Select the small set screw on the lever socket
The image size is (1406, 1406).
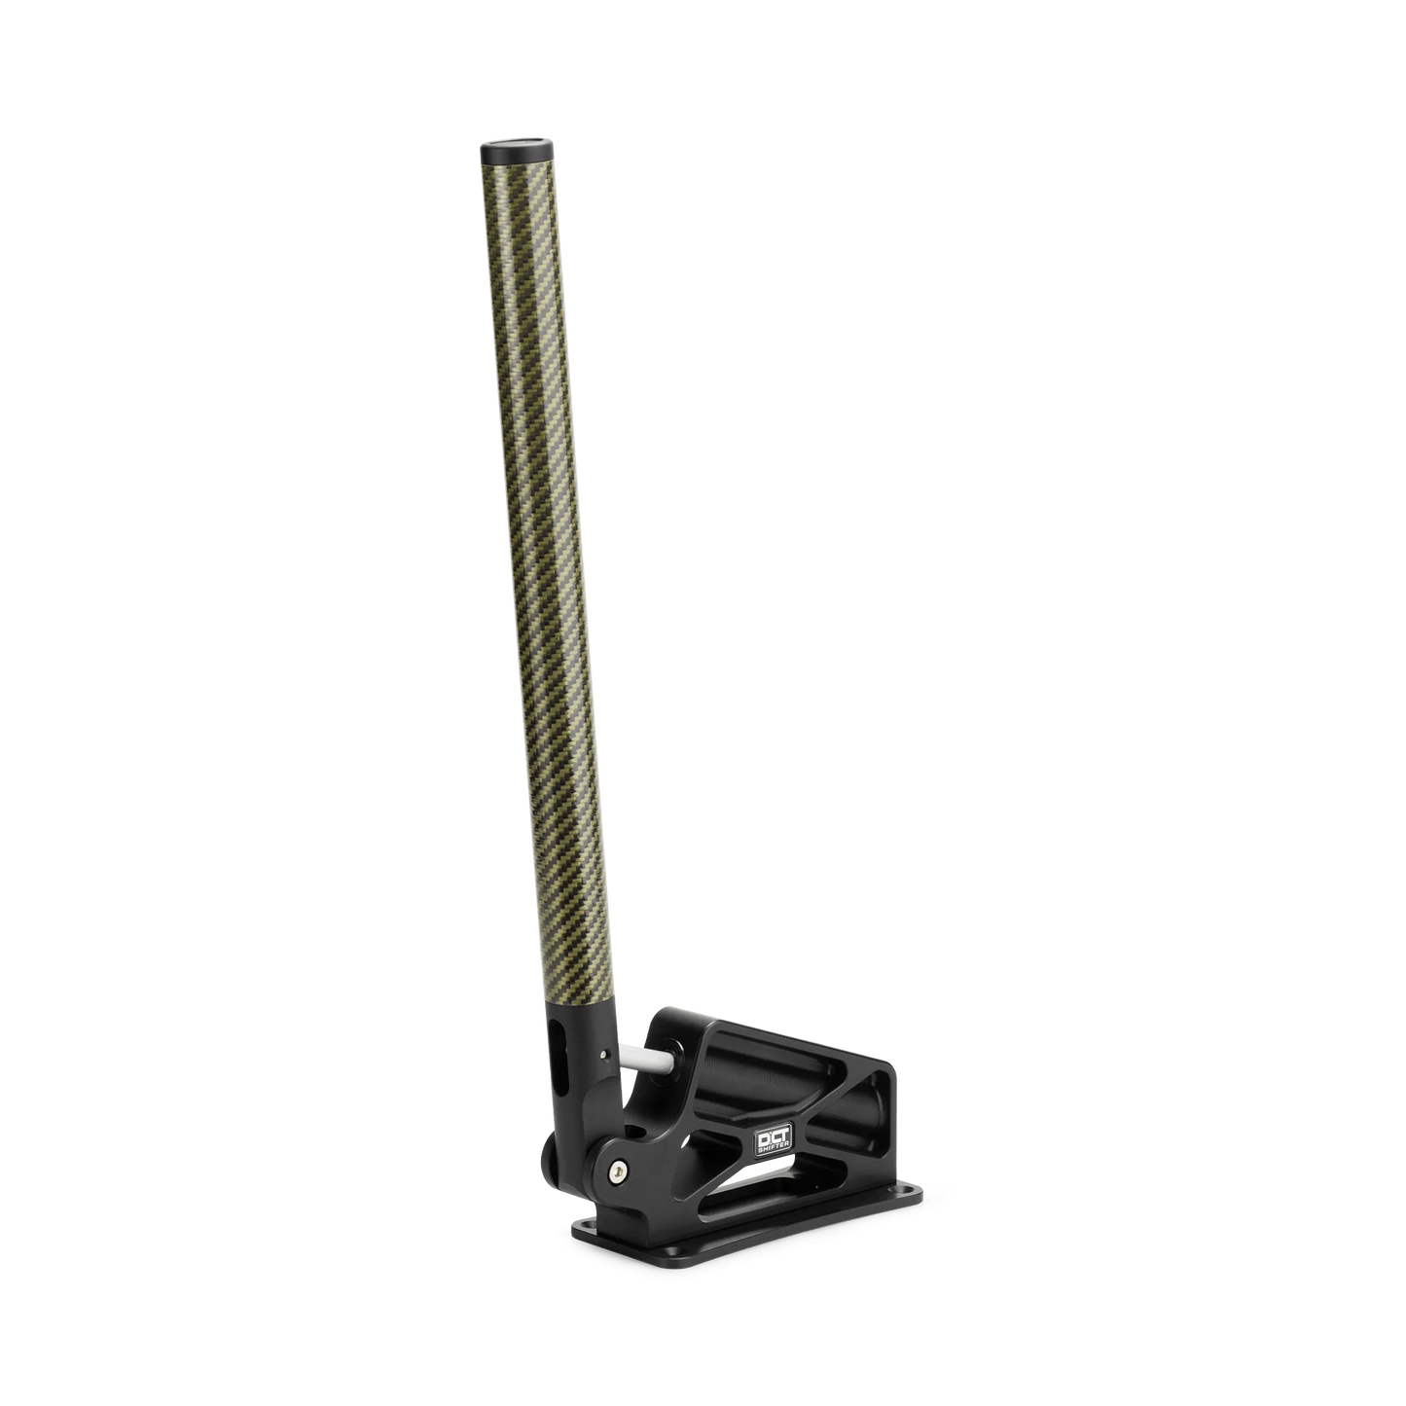[x=605, y=1053]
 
